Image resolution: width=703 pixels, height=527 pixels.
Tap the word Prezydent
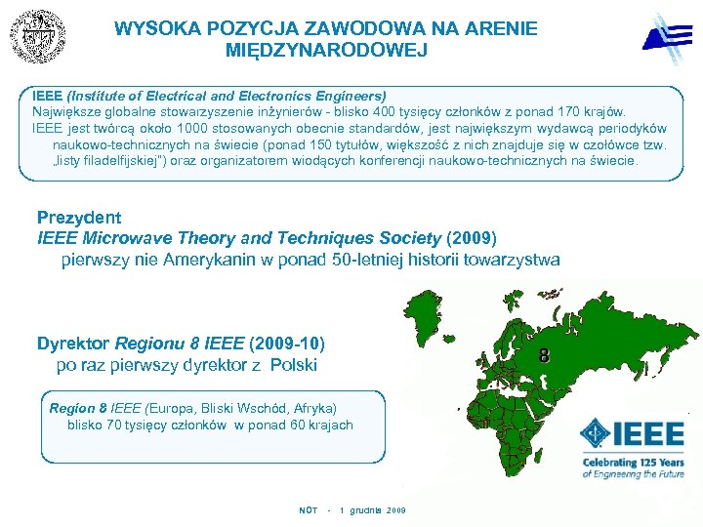click(79, 218)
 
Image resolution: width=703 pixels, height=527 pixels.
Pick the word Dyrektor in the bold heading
click(73, 344)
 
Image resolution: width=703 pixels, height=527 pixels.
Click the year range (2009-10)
click(287, 344)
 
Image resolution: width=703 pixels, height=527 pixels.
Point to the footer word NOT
click(308, 510)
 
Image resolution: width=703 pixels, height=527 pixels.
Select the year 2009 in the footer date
click(395, 510)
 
